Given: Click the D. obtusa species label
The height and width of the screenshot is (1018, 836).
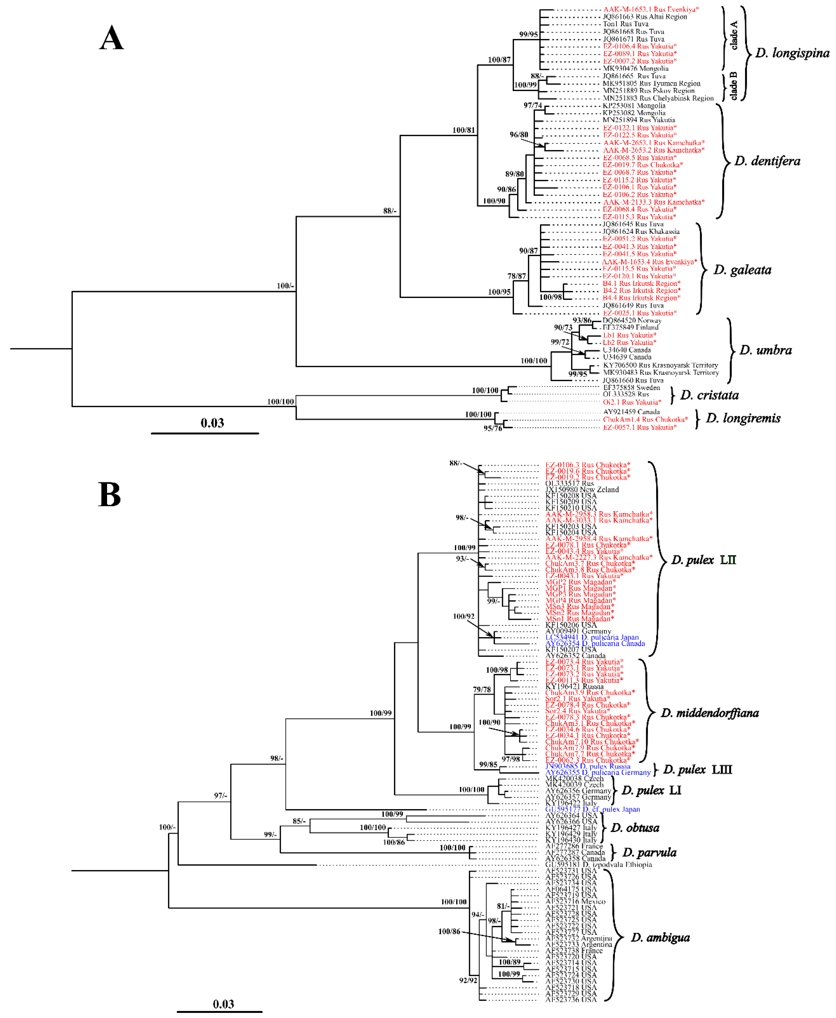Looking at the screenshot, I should [x=635, y=828].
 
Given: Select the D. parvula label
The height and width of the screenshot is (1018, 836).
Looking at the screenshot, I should [x=649, y=852].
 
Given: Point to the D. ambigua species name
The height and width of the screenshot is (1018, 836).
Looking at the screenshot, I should [x=660, y=938].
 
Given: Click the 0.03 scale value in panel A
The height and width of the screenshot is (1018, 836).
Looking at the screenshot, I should [x=212, y=423].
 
